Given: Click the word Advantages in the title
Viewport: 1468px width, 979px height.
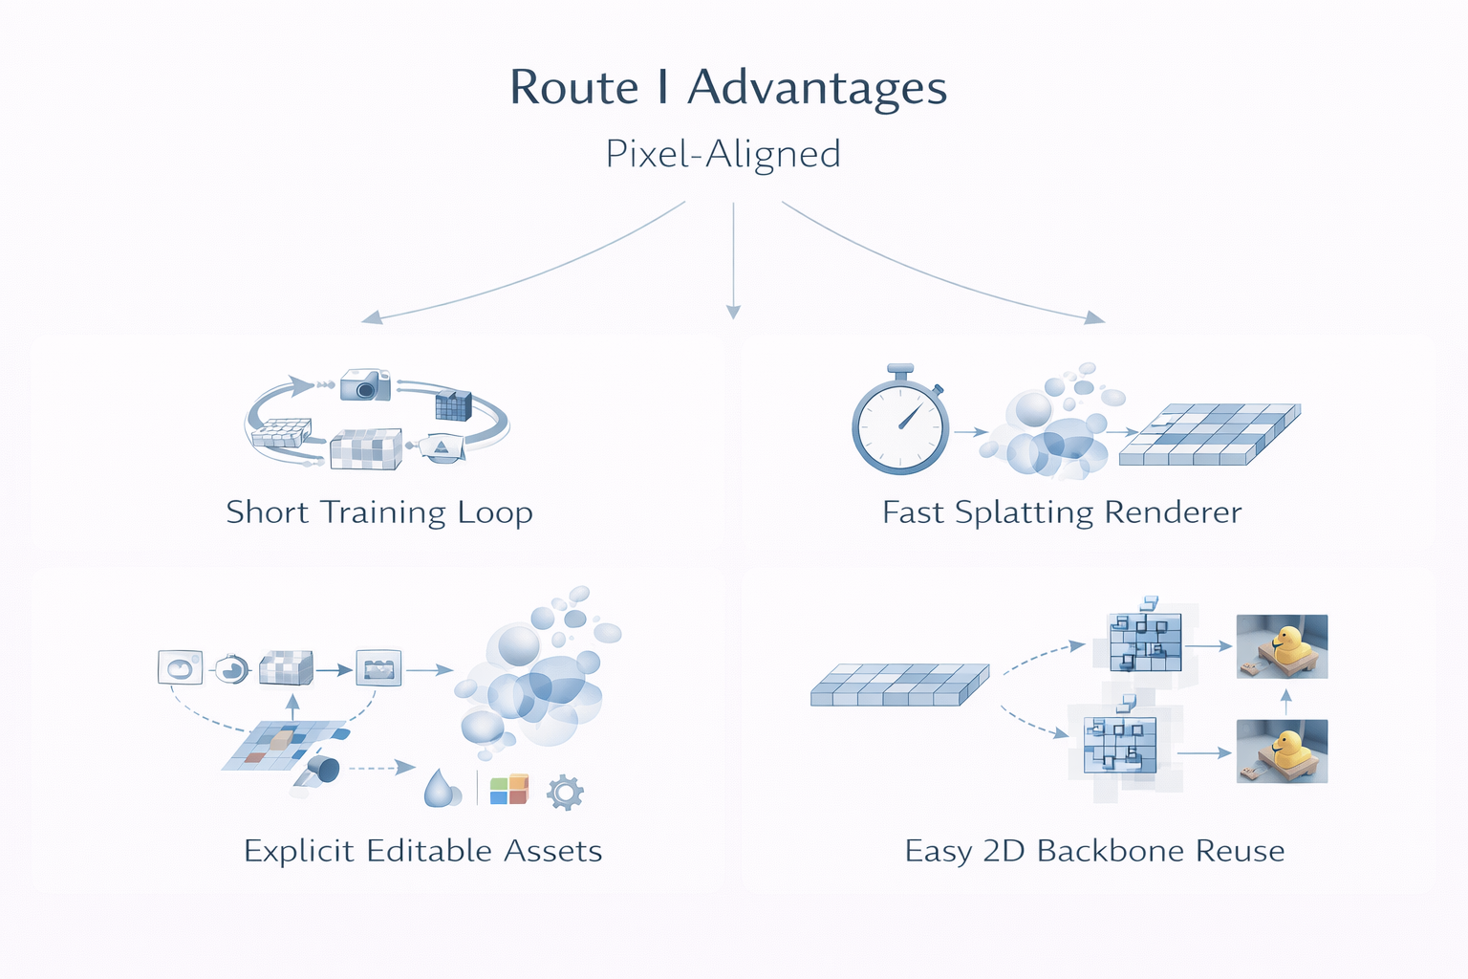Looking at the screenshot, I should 817,89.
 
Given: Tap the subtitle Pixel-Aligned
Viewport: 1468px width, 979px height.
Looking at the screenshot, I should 723,154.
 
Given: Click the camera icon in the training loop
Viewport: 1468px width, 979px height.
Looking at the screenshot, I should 365,384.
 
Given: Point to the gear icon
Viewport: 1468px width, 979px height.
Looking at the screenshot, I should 565,793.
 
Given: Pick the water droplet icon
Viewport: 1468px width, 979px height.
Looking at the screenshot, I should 441,789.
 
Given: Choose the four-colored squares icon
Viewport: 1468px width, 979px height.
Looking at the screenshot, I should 508,790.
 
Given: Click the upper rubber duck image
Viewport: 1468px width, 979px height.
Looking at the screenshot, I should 1282,646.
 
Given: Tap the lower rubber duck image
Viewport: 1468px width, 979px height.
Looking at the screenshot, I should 1282,751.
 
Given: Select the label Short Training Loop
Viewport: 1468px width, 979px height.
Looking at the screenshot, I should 379,512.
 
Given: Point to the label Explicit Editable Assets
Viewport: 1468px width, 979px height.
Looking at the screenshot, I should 422,851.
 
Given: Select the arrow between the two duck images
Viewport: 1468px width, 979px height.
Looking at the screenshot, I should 1285,701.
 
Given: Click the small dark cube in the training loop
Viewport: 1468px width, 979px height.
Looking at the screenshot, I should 453,405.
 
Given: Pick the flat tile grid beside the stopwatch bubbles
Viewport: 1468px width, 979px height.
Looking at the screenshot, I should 1210,434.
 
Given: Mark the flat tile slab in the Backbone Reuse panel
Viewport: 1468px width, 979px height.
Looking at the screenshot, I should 899,685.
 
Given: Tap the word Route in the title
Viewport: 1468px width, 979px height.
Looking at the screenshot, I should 573,89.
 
